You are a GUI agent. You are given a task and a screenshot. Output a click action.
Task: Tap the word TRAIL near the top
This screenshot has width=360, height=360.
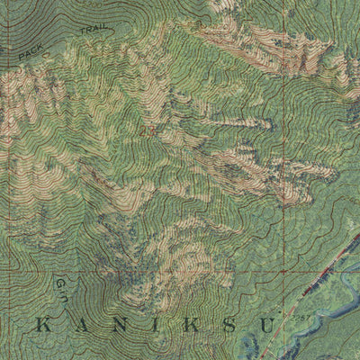94,33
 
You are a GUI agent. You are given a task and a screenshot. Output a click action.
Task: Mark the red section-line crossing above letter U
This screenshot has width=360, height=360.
281,270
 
